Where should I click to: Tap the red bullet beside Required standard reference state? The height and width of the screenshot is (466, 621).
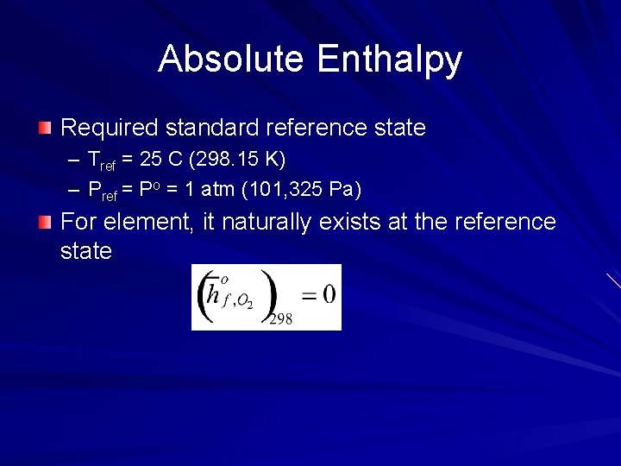coord(45,129)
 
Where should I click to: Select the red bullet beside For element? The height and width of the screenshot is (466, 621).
coord(45,223)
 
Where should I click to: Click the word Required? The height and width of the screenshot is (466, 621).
coord(110,129)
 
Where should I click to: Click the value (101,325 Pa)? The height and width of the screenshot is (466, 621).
coord(312,189)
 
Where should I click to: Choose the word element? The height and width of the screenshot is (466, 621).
coord(148,223)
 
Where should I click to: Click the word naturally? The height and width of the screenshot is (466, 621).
coord(264,223)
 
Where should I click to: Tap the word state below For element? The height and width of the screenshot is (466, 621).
coord(86,252)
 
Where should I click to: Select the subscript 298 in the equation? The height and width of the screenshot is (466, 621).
coord(280,319)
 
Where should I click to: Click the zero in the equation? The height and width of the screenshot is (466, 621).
coord(329,293)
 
